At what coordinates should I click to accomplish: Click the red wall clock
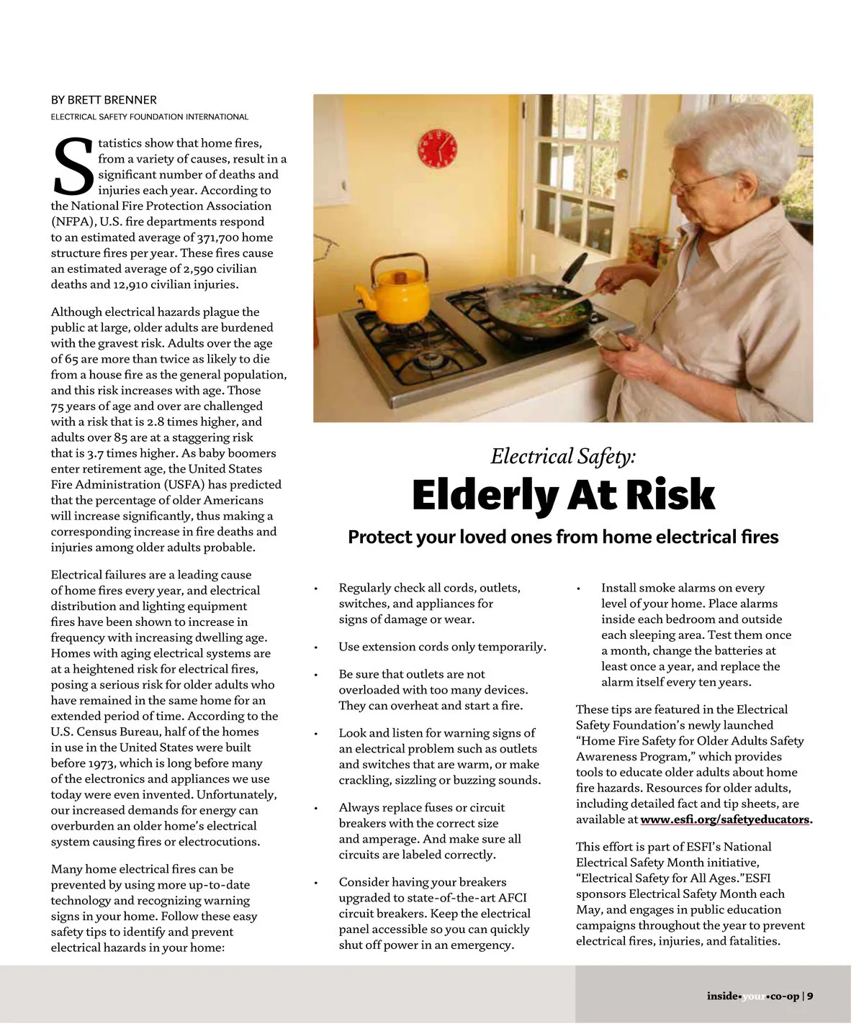pos(437,148)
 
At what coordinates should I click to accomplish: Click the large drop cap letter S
pos(73,168)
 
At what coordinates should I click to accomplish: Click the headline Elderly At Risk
pos(563,495)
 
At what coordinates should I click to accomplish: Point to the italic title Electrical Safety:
pos(563,456)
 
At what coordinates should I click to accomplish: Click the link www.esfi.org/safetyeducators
pos(724,819)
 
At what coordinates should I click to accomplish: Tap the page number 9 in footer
pos(810,996)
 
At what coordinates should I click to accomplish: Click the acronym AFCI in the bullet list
pos(512,898)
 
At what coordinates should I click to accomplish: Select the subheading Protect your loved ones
pos(563,537)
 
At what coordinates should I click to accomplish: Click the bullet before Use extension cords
pos(315,647)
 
